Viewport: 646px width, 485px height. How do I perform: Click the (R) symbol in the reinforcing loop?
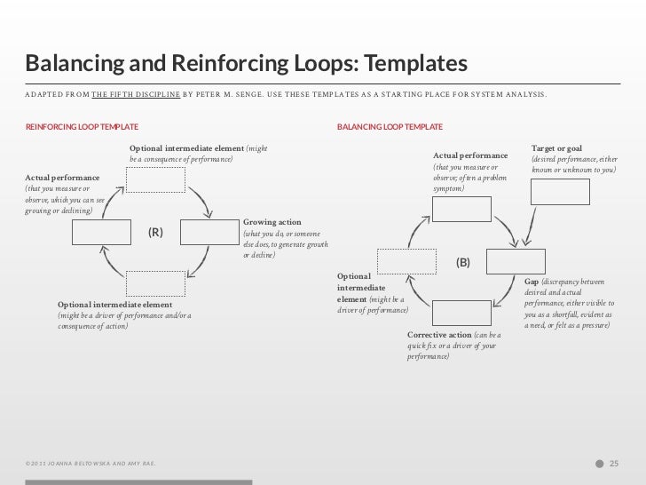tap(155, 233)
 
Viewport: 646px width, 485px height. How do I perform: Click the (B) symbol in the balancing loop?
tap(462, 263)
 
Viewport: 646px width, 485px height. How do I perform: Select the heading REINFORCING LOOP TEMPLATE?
tap(82, 127)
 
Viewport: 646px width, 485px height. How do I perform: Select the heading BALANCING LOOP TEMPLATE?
tap(390, 127)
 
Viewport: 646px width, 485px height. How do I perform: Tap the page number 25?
tap(613, 463)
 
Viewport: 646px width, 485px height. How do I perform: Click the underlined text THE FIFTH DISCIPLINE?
tap(136, 93)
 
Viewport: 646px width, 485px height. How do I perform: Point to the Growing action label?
tap(272, 222)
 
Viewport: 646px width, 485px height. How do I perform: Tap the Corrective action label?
tap(440, 335)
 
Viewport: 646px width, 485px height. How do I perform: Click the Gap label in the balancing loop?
tap(532, 282)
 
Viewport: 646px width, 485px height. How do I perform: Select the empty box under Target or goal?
tap(559, 191)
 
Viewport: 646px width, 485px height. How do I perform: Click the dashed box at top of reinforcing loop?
tap(155, 180)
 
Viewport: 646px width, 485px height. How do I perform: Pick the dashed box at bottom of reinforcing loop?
tap(155, 283)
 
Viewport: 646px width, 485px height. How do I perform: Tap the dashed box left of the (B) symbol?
tap(407, 261)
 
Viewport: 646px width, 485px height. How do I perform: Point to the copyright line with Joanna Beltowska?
tap(92, 464)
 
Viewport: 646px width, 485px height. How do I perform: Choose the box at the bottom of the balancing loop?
tap(461, 313)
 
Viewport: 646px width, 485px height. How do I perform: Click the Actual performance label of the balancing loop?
tap(469, 156)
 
